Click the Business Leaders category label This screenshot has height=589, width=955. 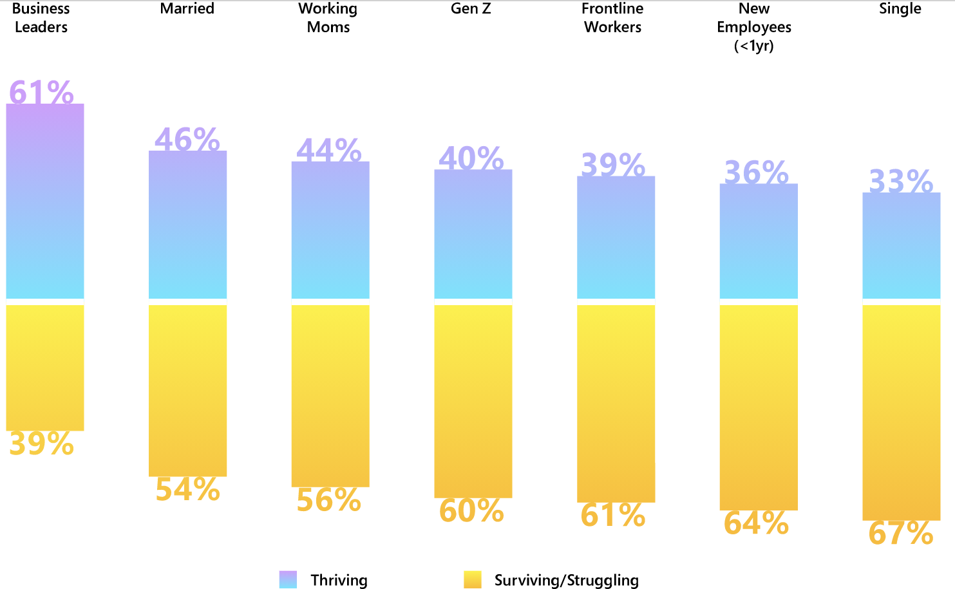tap(41, 18)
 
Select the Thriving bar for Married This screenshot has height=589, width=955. tap(187, 225)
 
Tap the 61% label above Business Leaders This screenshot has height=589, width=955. tap(41, 92)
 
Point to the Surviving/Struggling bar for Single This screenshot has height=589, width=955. tap(901, 412)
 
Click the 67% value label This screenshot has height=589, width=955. tap(901, 534)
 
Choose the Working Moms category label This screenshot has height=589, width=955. tap(328, 18)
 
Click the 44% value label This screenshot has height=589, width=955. tap(328, 151)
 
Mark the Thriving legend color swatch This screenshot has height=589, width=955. tap(288, 579)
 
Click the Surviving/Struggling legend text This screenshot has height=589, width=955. tap(566, 580)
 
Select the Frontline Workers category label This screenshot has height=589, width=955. tap(612, 18)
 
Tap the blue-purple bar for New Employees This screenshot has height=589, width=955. tap(759, 241)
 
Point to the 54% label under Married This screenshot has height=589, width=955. tap(187, 490)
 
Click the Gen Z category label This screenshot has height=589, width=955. tap(471, 9)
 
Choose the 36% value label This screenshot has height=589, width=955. tap(756, 173)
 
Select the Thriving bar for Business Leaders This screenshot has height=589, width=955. tap(45, 201)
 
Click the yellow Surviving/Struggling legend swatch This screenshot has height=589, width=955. tap(472, 579)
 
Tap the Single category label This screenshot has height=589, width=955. tap(900, 9)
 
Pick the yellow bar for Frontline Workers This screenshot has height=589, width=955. tap(616, 403)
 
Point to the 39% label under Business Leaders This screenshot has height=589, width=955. tap(41, 444)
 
